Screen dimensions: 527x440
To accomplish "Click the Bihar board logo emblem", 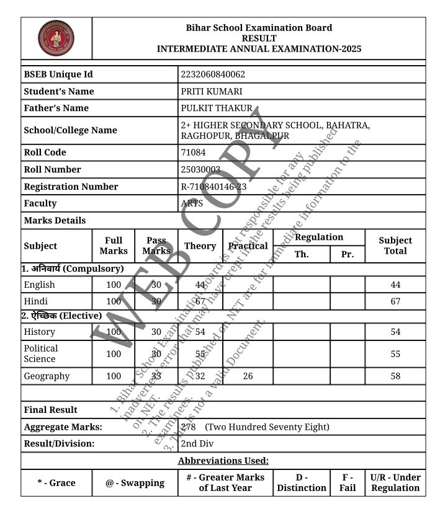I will pos(56,38).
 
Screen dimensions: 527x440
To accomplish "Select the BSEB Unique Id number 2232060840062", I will pos(213,74).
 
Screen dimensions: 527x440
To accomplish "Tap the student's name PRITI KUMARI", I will pos(207,91).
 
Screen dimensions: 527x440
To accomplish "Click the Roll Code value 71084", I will pos(193,153).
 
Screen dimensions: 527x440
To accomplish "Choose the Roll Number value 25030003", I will pos(200,169).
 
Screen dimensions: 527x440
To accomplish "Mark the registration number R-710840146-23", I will pos(213,187).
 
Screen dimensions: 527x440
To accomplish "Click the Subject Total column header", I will pos(395,246).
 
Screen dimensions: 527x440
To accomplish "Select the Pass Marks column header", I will pos(156,246).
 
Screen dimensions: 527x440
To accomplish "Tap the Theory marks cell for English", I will pos(200,285).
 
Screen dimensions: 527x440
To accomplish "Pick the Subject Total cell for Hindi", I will pos(395,301).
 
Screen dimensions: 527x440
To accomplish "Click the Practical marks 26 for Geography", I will pos(248,376).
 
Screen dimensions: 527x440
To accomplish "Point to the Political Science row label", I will pos(41,353).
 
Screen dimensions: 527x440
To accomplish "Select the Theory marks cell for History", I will pos(200,332).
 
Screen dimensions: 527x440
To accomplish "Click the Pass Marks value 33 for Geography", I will pos(156,376).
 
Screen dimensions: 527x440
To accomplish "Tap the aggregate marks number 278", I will pos(189,427).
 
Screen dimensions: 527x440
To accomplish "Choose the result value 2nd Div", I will pos(197,444).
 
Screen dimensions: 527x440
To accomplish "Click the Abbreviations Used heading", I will pos(223,461).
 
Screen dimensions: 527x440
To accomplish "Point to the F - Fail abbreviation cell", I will pos(348,482).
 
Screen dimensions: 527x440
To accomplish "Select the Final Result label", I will pos(51,410).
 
